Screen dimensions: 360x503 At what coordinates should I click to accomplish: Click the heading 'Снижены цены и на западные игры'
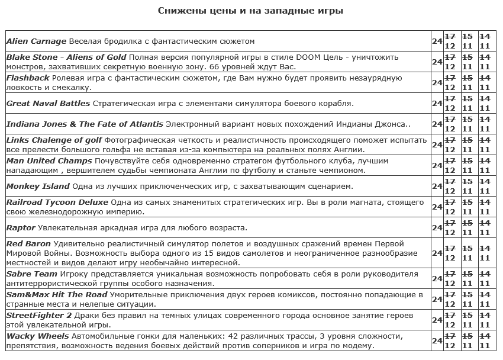[251, 11]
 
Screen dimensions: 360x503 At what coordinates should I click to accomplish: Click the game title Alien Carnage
[36, 41]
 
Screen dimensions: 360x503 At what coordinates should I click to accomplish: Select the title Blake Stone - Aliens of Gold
[66, 57]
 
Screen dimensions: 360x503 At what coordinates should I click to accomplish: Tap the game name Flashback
[28, 78]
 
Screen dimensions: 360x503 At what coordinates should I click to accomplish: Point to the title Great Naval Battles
[48, 103]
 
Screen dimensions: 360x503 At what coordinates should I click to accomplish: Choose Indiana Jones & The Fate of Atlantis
[85, 124]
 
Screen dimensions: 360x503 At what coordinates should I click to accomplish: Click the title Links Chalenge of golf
[54, 140]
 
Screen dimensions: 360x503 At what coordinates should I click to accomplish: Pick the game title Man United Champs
[49, 160]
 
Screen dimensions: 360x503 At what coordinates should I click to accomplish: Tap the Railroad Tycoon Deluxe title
[57, 202]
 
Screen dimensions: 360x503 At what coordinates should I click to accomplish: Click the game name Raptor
[21, 227]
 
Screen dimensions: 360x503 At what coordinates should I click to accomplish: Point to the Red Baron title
[28, 243]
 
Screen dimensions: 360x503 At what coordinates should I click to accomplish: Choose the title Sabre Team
[31, 274]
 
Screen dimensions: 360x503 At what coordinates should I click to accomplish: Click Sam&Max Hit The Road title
[56, 294]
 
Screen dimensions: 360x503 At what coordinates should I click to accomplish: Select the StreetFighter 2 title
[38, 315]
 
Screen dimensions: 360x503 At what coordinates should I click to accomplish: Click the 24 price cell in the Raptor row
[437, 227]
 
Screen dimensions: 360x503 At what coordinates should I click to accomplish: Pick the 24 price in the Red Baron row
[437, 253]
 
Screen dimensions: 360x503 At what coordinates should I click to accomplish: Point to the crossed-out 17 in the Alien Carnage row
[450, 36]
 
